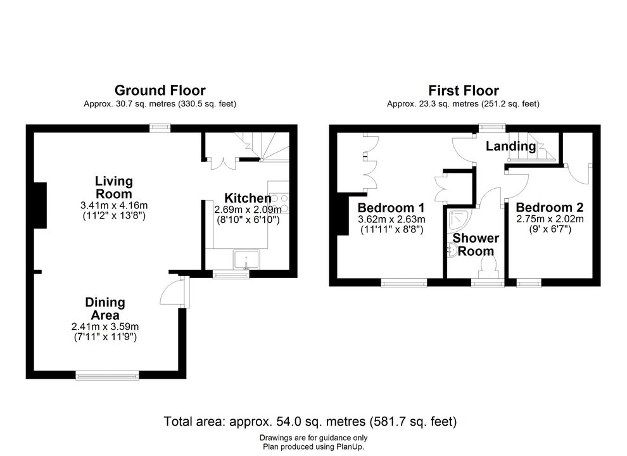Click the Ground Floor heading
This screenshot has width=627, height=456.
tap(160, 91)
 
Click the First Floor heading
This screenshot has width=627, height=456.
tap(464, 91)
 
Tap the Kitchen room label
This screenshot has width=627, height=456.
tap(248, 198)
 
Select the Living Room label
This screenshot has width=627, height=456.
tap(114, 187)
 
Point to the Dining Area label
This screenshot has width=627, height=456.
tap(105, 308)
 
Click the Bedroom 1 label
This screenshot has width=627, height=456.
tap(391, 208)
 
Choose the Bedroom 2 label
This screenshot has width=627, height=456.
tap(550, 207)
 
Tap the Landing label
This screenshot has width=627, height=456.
tap(511, 146)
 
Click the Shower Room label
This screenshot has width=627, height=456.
tap(476, 244)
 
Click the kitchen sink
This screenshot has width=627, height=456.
tap(247, 260)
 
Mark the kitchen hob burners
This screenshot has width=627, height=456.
tap(279, 203)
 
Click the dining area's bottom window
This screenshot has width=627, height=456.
tap(107, 375)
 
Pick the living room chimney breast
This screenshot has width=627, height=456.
tap(40, 206)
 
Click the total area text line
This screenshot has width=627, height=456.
tap(310, 421)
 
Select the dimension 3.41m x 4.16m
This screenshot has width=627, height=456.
tap(114, 206)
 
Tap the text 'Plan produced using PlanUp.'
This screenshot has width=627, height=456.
tap(313, 446)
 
